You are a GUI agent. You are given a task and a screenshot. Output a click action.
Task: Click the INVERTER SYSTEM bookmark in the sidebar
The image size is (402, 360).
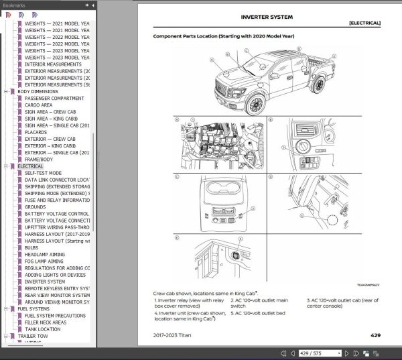click(46, 282)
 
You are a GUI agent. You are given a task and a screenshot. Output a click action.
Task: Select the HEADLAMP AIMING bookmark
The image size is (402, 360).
click(44, 254)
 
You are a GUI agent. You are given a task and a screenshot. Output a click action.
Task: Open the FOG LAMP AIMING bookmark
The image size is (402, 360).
click(45, 261)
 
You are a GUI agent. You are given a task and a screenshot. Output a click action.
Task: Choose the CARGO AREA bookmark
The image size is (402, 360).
click(38, 105)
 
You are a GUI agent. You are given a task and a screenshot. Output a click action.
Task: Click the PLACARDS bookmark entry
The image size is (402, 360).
click(36, 132)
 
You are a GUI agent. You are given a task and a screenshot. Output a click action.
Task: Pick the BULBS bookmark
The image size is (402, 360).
click(32, 247)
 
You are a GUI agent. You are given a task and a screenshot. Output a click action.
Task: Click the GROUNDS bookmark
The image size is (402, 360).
click(36, 206)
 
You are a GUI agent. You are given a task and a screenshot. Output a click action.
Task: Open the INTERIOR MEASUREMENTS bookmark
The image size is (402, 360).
click(54, 64)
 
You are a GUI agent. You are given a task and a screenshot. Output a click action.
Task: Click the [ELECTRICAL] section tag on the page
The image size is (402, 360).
click(364, 23)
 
